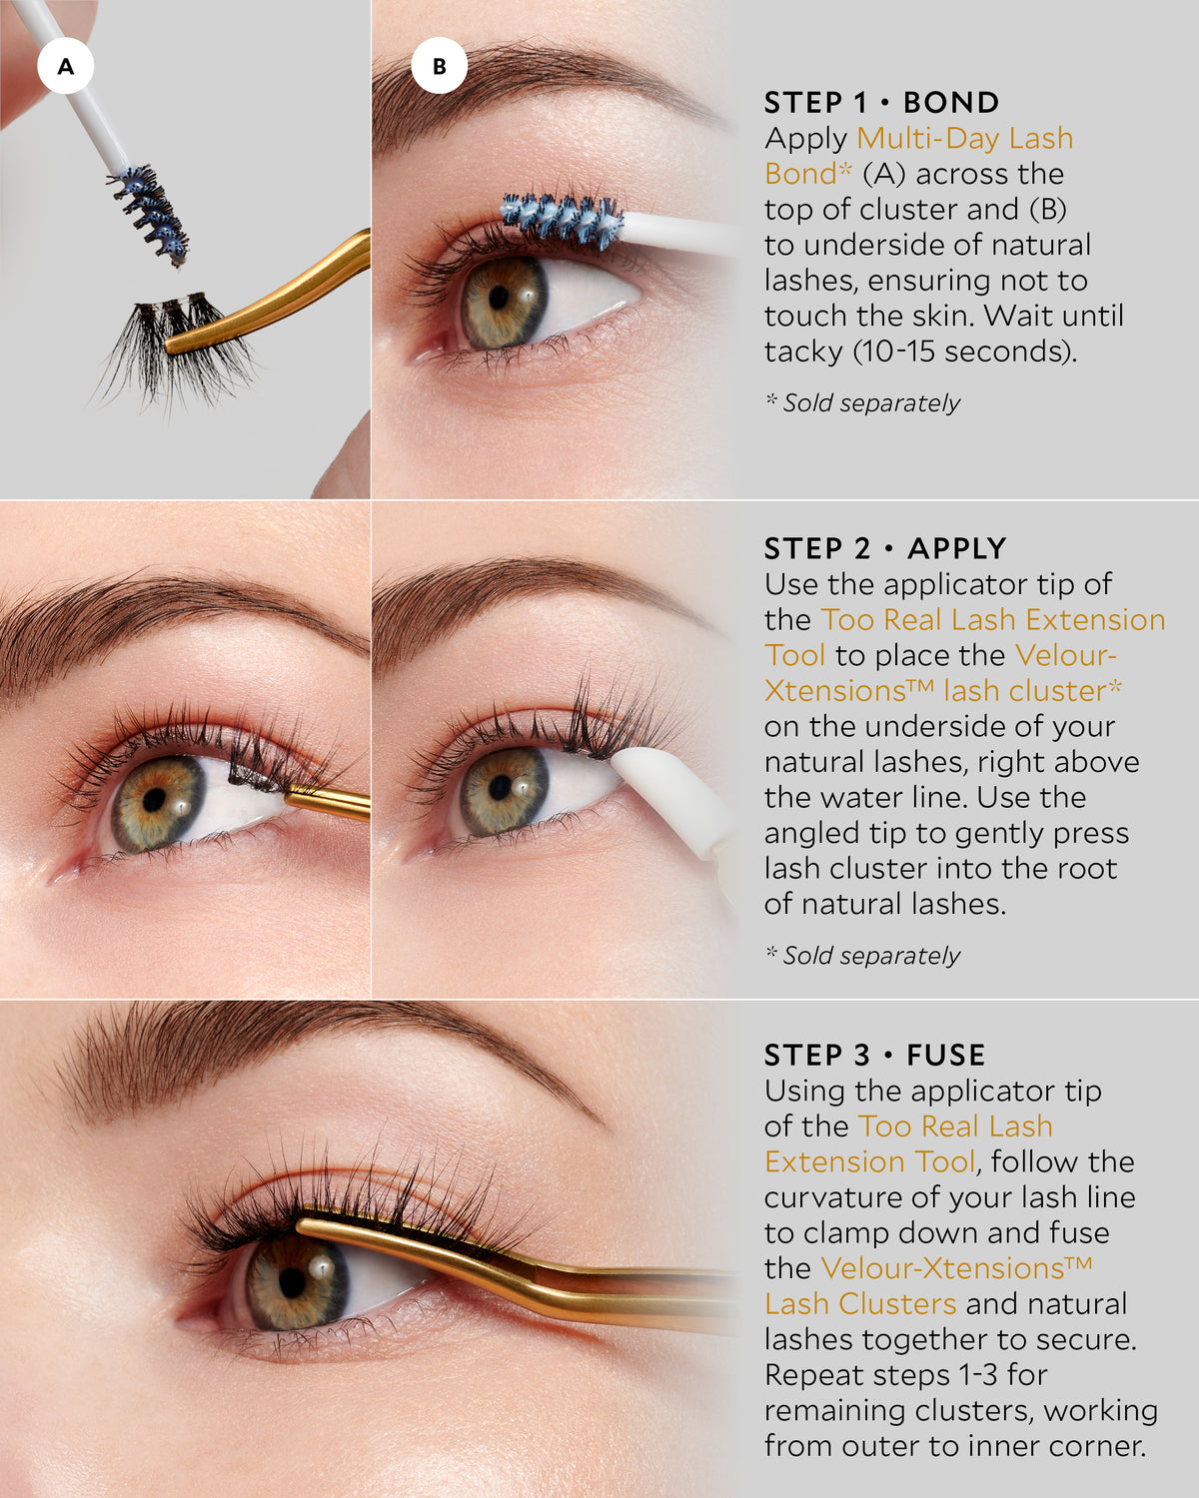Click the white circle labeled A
[66, 66]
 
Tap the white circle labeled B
[439, 66]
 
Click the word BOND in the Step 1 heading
[951, 103]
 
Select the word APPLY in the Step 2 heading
[957, 548]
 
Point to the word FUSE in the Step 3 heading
[946, 1056]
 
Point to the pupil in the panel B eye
[499, 298]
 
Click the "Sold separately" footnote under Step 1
[862, 403]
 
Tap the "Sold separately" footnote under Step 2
[862, 956]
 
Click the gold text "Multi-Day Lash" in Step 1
[965, 138]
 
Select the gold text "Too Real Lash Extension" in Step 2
[993, 619]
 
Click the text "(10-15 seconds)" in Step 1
[965, 351]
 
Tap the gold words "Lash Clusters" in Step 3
[860, 1304]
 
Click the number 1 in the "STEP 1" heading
[859, 103]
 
